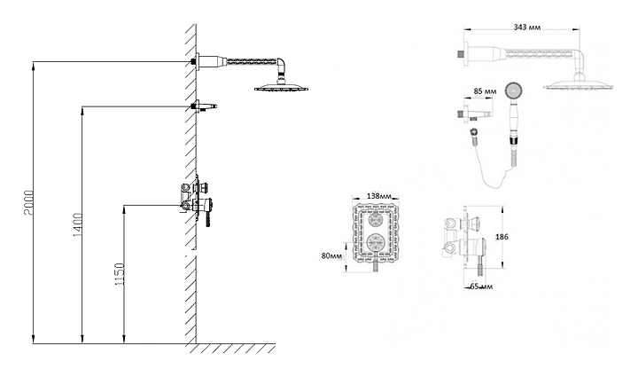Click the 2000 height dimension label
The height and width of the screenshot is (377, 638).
29,203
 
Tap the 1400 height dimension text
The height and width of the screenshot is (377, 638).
78,225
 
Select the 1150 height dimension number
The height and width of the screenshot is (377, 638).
120,274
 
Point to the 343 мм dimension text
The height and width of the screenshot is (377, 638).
527,27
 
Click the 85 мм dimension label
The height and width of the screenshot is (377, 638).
485,91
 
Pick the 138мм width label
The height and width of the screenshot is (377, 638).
379,196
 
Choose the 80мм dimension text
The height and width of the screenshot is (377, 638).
331,255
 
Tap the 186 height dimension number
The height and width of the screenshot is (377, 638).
502,237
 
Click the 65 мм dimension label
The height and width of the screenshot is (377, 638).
481,287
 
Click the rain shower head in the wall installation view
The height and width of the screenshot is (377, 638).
282,87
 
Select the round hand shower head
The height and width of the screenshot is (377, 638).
513,90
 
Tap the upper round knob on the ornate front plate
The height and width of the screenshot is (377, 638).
375,220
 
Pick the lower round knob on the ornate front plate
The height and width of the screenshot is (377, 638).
376,242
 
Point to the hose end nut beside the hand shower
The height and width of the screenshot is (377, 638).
473,133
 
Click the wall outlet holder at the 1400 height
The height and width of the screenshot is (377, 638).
204,106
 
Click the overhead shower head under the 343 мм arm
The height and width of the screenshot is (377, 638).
579,84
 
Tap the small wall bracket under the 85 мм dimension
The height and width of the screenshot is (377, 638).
473,113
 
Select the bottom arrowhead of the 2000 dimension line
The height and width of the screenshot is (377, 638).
34,340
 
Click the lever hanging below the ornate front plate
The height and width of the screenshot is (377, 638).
376,266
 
